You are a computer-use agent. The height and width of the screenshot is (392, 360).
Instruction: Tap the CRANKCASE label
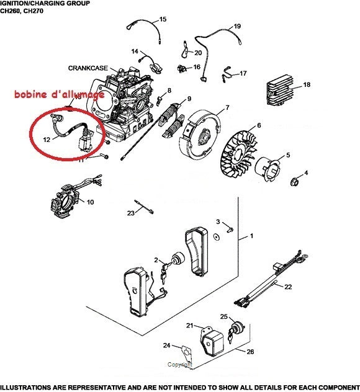point(85,68)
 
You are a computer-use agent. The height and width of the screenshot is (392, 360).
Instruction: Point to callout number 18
point(306,84)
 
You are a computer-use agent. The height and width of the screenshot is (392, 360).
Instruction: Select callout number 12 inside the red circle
point(47,140)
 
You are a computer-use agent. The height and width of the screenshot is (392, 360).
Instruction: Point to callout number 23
point(131,213)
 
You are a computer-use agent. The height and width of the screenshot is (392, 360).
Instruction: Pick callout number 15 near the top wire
point(163,20)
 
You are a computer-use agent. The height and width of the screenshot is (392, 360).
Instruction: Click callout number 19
point(237,27)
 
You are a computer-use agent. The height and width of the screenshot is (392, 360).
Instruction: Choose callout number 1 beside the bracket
point(251,237)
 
